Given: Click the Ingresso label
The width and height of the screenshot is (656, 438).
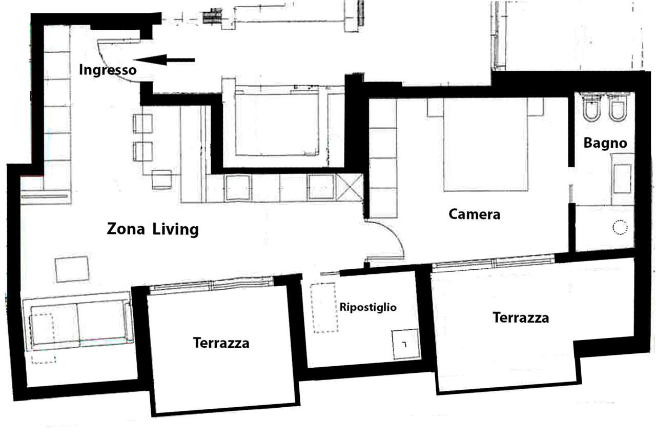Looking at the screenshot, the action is (108, 70).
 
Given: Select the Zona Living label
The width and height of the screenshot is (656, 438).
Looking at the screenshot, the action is (153, 229).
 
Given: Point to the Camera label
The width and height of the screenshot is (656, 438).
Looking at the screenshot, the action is (474, 214).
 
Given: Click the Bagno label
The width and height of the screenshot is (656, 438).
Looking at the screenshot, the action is (605, 144).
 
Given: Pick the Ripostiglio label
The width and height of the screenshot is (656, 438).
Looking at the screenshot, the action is (368, 307).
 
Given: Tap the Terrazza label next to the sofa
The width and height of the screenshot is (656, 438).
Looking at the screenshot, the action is (221, 343).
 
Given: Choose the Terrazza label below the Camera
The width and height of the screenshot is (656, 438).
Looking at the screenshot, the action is (521, 317).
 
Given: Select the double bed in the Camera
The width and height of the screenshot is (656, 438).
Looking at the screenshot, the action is (485, 145).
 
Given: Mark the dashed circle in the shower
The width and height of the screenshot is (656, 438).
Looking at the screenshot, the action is (620, 227).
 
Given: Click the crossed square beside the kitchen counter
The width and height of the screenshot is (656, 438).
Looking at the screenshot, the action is (349, 187).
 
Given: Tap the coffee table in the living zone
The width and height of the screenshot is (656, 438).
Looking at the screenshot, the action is (72, 269).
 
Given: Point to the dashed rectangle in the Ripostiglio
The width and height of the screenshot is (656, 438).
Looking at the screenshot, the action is (324, 308).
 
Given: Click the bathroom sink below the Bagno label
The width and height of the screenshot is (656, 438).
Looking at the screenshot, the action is (622, 179).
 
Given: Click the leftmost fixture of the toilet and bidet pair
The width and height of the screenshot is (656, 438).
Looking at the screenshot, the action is (591, 108).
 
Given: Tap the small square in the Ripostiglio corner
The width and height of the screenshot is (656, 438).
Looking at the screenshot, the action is (405, 344).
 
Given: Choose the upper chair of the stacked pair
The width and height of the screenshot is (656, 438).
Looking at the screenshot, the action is (143, 124).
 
